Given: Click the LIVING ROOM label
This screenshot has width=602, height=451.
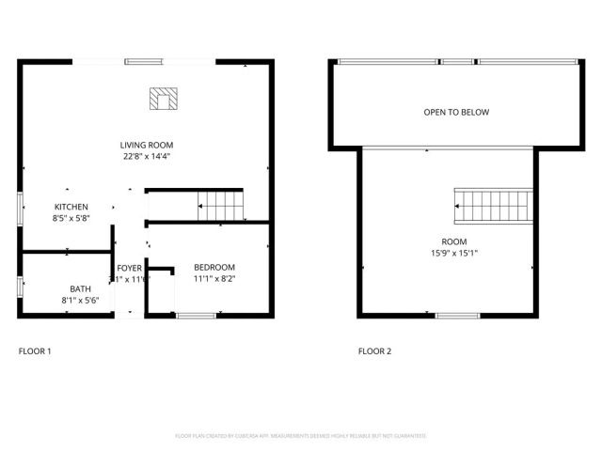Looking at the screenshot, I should pyautogui.click(x=147, y=145).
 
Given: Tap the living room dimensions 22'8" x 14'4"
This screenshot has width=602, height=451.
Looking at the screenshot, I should pyautogui.click(x=147, y=157).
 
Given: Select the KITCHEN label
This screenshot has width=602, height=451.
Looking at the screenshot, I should pyautogui.click(x=71, y=207).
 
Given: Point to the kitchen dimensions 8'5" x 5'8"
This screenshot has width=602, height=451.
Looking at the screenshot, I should pyautogui.click(x=71, y=219).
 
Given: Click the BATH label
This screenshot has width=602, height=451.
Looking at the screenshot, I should pyautogui.click(x=80, y=288).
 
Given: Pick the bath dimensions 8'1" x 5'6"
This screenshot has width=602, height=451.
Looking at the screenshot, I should pyautogui.click(x=79, y=301).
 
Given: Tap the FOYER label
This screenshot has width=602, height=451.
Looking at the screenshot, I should pyautogui.click(x=129, y=269).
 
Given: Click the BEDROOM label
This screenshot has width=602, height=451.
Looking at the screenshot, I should pyautogui.click(x=215, y=267).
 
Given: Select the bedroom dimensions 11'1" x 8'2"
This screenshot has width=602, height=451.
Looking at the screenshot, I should pyautogui.click(x=215, y=279).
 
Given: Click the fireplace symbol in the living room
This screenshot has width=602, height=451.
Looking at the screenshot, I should pyautogui.click(x=165, y=98).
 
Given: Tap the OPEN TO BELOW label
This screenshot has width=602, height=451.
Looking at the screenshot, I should pyautogui.click(x=456, y=113).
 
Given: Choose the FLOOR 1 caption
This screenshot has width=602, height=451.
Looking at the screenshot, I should pyautogui.click(x=36, y=351).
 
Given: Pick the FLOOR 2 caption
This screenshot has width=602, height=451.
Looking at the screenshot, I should pyautogui.click(x=374, y=351).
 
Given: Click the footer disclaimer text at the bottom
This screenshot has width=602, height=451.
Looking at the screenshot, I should pyautogui.click(x=301, y=436).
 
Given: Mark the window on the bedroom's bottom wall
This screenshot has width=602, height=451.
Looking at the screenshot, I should pyautogui.click(x=197, y=316).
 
